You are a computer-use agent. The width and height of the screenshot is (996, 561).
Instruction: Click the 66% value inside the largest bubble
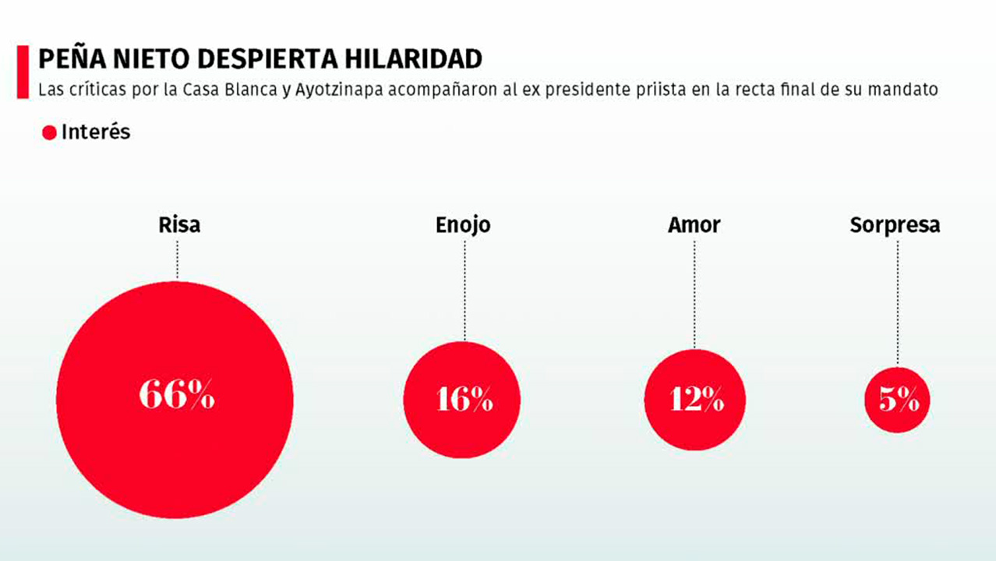[x=176, y=396]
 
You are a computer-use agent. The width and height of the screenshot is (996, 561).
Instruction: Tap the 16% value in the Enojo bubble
[x=464, y=399]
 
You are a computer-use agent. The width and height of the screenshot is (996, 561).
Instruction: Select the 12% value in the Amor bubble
[x=696, y=399]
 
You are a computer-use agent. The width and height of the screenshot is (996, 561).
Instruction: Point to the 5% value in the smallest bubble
[x=899, y=400]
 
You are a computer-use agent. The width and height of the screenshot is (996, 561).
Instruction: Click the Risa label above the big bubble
[x=178, y=225]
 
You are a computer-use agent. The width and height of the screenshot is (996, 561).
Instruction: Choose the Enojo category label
[x=463, y=225]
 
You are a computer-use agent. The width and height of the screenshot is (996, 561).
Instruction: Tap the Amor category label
[x=694, y=225]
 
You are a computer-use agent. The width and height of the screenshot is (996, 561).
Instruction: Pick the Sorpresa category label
[x=895, y=225]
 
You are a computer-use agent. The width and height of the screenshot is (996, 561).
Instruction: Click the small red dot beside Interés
[x=49, y=133]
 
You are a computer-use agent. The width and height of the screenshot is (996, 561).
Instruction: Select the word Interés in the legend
[x=96, y=132]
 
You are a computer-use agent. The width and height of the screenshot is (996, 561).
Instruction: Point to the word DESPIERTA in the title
[x=249, y=58]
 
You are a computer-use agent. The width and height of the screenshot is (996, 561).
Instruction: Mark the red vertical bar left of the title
[x=23, y=72]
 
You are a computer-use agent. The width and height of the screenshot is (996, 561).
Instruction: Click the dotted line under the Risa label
[x=178, y=259]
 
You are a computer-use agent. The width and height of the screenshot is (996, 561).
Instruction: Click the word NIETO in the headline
[x=140, y=58]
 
